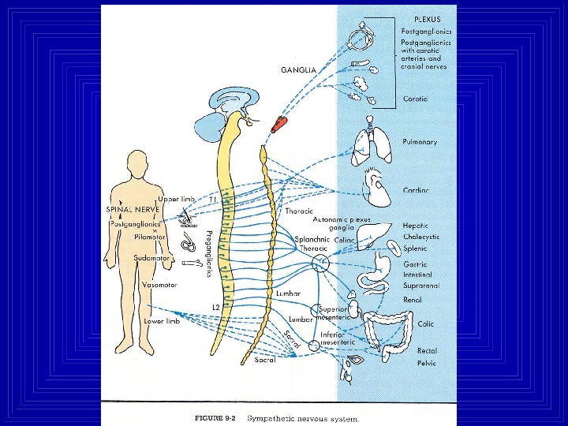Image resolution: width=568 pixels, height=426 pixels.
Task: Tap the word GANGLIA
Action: pyautogui.click(x=299, y=69)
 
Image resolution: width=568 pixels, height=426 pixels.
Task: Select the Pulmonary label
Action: pyautogui.click(x=420, y=142)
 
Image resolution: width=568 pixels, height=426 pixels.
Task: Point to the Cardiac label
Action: pyautogui.click(x=415, y=190)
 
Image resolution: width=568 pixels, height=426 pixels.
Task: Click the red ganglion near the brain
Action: pyautogui.click(x=279, y=124)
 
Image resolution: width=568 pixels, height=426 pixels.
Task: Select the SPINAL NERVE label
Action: pyautogui.click(x=133, y=210)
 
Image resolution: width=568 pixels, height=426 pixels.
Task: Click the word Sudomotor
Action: pyautogui.click(x=150, y=257)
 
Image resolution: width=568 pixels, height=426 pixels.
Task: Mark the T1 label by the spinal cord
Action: pyautogui.click(x=212, y=200)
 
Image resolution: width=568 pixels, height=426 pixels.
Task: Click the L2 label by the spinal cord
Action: pyautogui.click(x=215, y=305)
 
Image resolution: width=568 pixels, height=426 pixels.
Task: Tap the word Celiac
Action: pyautogui.click(x=345, y=240)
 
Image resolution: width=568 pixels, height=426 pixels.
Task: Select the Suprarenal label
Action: pyautogui.click(x=421, y=286)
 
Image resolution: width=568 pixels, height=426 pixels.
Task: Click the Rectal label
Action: pyautogui.click(x=427, y=349)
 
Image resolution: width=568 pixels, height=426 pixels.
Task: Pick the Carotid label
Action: pyautogui.click(x=416, y=99)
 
